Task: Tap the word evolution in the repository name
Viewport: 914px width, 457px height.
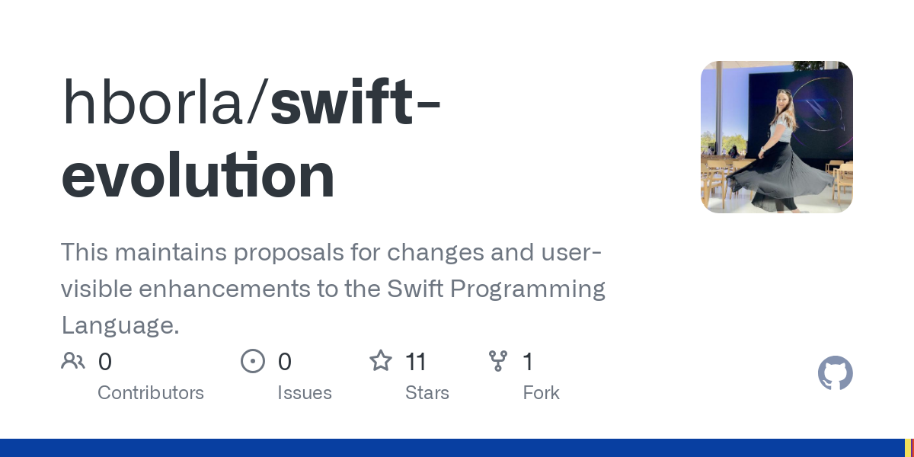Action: [198, 174]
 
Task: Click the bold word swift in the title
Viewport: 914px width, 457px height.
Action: [341, 101]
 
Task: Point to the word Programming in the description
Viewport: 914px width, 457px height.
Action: [528, 289]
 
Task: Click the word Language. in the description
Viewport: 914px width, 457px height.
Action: [120, 325]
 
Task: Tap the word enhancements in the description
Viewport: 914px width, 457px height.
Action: [225, 289]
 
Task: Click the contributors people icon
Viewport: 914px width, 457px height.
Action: [73, 361]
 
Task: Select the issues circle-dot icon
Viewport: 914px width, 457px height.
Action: [253, 361]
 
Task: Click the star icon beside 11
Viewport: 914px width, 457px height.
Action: [381, 361]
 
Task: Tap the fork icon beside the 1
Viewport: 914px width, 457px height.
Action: [498, 361]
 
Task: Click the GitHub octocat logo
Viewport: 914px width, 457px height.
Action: [836, 373]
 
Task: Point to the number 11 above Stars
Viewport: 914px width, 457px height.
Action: [416, 362]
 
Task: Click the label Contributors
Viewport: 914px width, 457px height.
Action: [151, 393]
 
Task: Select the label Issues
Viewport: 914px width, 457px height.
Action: [305, 393]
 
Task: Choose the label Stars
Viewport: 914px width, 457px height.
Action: [427, 393]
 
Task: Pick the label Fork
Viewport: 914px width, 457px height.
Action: [541, 393]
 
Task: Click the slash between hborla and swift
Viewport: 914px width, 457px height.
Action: [257, 102]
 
